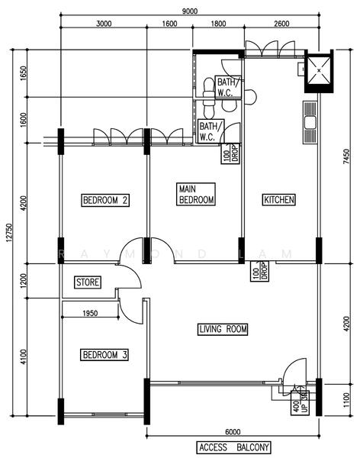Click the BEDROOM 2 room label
click(104, 201)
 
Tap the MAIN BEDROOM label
click(195, 194)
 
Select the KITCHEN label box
click(278, 200)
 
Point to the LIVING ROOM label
click(223, 329)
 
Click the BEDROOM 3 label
click(104, 355)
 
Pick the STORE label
click(88, 282)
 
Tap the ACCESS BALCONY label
click(233, 447)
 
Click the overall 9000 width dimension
click(190, 11)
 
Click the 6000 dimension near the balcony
click(233, 432)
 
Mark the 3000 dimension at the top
click(104, 24)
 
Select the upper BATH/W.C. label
click(227, 87)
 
